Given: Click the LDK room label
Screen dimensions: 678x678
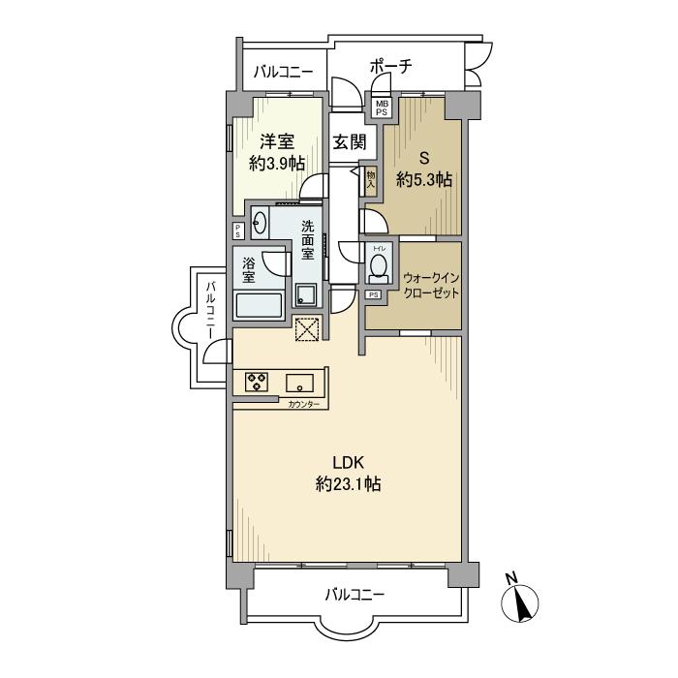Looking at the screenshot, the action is [x=348, y=463].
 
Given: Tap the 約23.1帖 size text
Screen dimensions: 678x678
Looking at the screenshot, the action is [x=348, y=484].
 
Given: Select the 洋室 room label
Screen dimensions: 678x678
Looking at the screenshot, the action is [x=277, y=141].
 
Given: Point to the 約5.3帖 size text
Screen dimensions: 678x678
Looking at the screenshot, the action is [x=424, y=179].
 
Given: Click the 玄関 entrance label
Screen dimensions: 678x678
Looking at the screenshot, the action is [x=350, y=141].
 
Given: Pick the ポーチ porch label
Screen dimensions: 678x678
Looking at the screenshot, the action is [x=391, y=67].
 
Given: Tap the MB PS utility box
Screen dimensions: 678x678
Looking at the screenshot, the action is [x=382, y=108].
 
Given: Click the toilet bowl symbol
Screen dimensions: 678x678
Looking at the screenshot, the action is [x=380, y=265].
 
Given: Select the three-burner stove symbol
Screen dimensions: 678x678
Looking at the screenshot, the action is [x=257, y=382].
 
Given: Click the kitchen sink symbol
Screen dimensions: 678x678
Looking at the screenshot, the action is [x=299, y=383].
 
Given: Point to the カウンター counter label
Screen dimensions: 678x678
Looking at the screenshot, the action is [x=303, y=405].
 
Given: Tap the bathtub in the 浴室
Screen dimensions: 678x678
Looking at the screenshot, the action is [x=259, y=305].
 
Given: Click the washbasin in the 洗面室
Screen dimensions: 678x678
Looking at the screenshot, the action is [x=261, y=223].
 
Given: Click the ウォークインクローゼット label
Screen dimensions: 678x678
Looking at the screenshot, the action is [x=431, y=286].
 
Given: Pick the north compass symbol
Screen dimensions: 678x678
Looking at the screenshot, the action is [x=519, y=599].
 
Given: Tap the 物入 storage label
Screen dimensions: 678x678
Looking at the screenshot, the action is [x=371, y=181].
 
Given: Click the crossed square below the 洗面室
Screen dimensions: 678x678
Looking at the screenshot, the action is [x=307, y=329].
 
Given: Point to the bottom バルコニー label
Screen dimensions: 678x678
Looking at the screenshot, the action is [x=354, y=596].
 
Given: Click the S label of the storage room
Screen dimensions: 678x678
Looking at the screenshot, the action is [x=424, y=158].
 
